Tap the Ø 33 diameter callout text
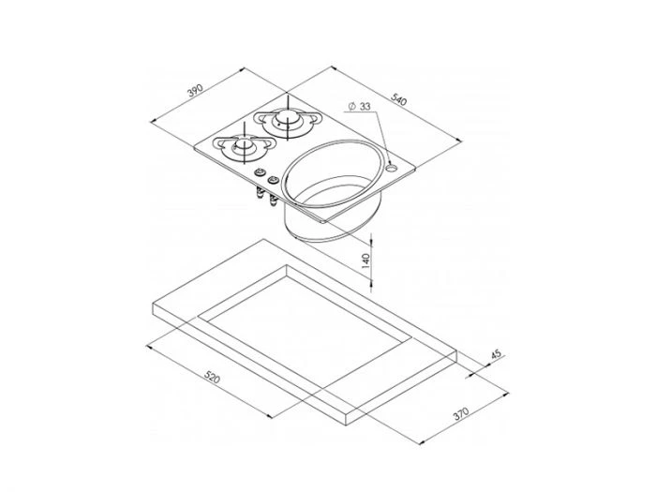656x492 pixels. [359, 106]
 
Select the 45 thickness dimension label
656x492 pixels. [496, 355]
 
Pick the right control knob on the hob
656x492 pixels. [274, 181]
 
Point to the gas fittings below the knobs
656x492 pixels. [265, 196]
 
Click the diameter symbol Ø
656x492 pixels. [350, 106]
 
